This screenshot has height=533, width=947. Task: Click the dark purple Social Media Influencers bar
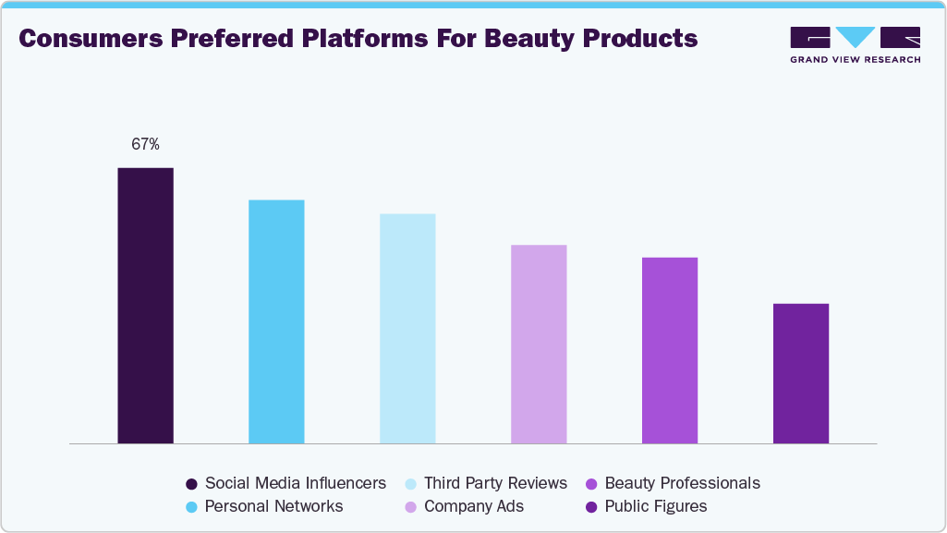(x=145, y=305)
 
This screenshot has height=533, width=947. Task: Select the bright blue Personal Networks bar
(x=276, y=321)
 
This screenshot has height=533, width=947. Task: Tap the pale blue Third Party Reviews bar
(x=407, y=328)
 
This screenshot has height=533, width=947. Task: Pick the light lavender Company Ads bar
(x=539, y=344)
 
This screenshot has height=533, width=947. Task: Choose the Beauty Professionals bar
(x=670, y=350)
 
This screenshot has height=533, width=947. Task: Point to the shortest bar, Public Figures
(x=801, y=373)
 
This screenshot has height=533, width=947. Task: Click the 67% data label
(x=145, y=144)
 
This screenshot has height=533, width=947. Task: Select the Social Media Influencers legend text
(x=296, y=483)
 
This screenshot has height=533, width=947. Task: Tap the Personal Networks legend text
(x=273, y=506)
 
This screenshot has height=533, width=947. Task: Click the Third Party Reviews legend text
(x=495, y=483)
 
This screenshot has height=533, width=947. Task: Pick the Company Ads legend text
(x=474, y=506)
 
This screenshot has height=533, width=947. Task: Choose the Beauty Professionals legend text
(x=682, y=483)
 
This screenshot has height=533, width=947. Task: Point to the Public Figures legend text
(x=656, y=506)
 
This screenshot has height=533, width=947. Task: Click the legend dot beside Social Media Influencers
(x=191, y=483)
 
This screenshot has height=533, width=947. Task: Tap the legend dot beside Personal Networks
(x=191, y=506)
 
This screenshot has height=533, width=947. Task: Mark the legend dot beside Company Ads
(x=411, y=506)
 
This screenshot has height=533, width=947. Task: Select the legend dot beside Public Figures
(x=591, y=506)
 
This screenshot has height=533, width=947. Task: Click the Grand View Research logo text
(x=855, y=59)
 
